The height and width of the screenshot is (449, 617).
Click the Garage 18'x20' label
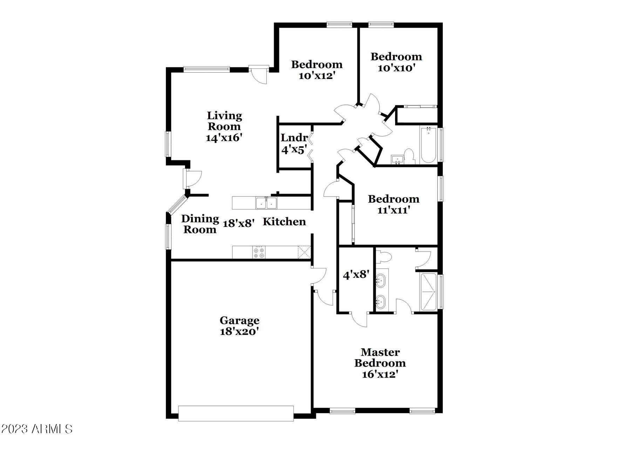(239, 326)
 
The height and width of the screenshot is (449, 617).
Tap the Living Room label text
(224, 121)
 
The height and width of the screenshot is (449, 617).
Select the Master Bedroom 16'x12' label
(380, 363)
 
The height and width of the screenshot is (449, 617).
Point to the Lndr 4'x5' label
(294, 143)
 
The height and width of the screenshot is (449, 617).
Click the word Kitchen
(284, 222)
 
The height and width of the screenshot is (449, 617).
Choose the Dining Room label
(200, 224)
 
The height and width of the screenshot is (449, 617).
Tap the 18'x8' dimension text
(238, 223)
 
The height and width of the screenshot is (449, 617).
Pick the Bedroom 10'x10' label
(396, 62)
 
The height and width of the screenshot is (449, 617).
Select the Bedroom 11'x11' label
(393, 205)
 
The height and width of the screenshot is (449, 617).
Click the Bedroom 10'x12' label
(317, 70)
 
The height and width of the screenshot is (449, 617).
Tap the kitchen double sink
(266, 203)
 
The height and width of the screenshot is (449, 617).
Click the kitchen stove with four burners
(259, 252)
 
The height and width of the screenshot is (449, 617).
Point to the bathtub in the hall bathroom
(428, 145)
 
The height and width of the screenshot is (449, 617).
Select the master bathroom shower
(428, 291)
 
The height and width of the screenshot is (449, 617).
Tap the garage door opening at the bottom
(236, 413)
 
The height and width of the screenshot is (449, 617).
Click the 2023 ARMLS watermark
(36, 429)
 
